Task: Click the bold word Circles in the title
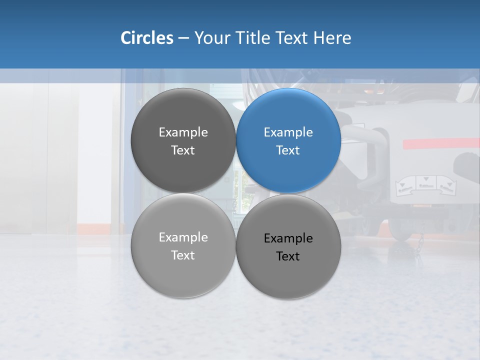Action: (x=147, y=38)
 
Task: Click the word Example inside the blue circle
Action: (x=288, y=132)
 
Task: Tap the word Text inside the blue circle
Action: (x=288, y=150)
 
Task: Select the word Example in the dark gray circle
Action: (x=183, y=132)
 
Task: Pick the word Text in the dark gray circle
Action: (x=183, y=150)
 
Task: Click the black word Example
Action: (x=288, y=238)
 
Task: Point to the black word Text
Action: (x=288, y=256)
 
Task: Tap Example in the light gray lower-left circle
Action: (x=183, y=237)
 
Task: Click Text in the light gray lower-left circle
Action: (x=183, y=255)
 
